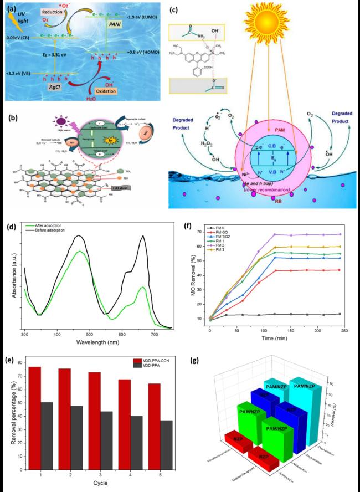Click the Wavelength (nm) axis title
pos(95,344)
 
